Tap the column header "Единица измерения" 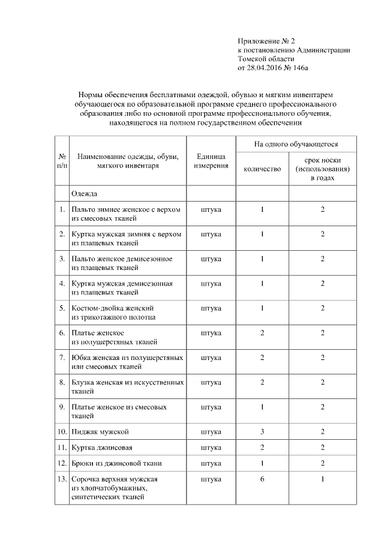[x=211, y=161]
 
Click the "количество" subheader [x=262, y=169]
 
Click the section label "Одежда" [x=84, y=194]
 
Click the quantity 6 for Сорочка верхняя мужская [x=262, y=479]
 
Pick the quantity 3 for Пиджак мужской [x=262, y=431]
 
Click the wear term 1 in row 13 [x=322, y=479]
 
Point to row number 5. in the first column [x=62, y=308]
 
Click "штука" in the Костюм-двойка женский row [x=211, y=308]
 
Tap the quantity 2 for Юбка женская [x=262, y=358]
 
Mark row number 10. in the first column [x=61, y=431]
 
